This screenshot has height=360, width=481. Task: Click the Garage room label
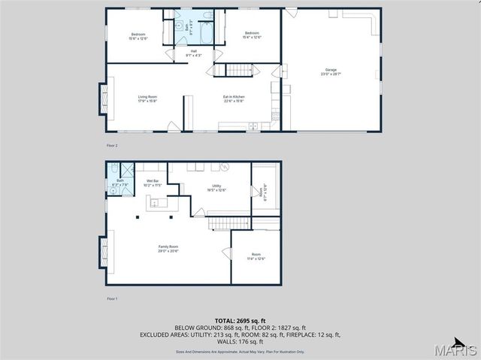click(x=331, y=73)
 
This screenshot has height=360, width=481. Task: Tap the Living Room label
click(x=147, y=98)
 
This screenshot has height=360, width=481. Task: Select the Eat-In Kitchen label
click(x=234, y=98)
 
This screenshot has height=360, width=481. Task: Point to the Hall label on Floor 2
click(x=193, y=53)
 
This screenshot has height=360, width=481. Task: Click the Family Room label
click(x=168, y=249)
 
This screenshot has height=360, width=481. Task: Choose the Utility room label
click(x=216, y=187)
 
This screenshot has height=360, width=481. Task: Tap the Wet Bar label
click(x=152, y=183)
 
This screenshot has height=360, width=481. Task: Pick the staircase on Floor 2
click(x=237, y=71)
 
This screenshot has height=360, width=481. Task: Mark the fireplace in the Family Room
click(x=102, y=251)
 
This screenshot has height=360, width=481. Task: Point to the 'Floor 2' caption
click(x=112, y=145)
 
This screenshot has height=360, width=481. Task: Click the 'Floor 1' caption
click(x=112, y=298)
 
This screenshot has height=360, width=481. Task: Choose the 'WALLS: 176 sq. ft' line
click(x=240, y=342)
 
